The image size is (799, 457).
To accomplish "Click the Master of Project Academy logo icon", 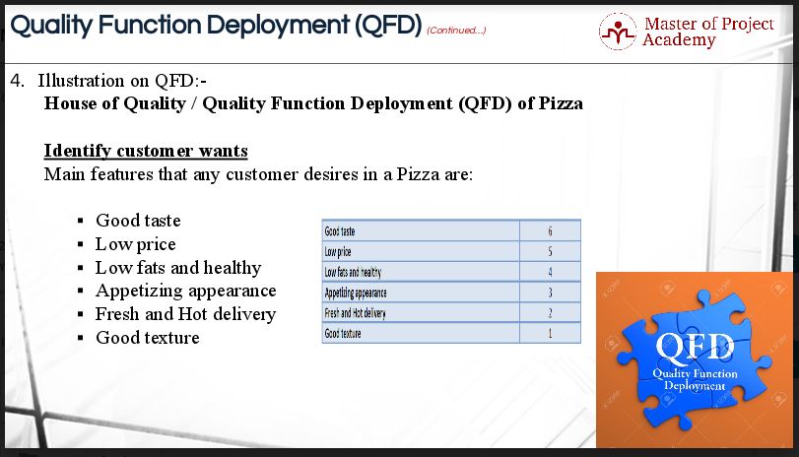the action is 618,32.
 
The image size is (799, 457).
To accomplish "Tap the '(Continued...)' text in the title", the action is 456,31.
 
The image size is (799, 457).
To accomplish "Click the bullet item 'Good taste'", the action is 138,221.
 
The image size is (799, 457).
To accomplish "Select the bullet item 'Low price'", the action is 136,244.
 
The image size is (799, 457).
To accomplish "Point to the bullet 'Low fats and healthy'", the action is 178,268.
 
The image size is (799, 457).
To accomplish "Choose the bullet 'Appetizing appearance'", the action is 186,291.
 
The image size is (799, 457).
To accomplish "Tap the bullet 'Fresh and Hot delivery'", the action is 185,314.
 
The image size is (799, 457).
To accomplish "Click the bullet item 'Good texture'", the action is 147,338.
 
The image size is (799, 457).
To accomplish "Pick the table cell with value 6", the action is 550,230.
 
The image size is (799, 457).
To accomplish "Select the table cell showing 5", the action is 550,251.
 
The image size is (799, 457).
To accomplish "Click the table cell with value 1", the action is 550,333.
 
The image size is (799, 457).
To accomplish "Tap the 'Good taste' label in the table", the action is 339,231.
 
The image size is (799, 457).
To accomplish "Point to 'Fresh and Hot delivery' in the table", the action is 356,313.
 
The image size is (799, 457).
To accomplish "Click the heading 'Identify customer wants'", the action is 146,151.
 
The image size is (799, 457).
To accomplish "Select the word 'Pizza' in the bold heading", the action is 561,103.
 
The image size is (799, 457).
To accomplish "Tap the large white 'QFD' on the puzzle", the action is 695,347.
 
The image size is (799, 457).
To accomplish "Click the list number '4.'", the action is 18,81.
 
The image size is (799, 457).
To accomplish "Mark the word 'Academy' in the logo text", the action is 679,39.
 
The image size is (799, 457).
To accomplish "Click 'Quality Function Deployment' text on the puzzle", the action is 695,379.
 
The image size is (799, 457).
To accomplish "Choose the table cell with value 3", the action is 550,293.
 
